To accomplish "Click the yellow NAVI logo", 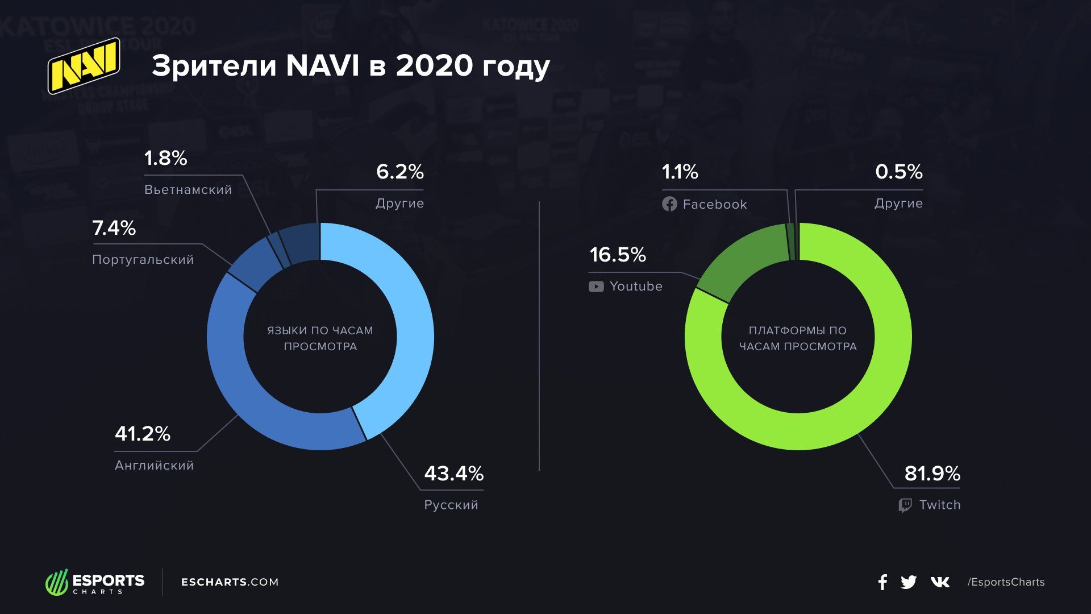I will point(84,65).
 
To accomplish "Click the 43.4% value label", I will point(453,474).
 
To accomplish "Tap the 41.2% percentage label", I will point(143,434).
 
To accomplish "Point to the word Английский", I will point(154,466).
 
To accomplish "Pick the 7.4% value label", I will point(114,228).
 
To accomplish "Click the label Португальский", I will point(143,260).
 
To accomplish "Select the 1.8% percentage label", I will point(165,158).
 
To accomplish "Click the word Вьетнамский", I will point(188,190).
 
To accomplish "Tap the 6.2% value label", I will point(400,172).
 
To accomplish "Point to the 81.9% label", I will point(932,474).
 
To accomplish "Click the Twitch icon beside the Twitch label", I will point(905,505).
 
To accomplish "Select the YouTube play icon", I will point(596,287).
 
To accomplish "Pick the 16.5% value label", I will point(618,255).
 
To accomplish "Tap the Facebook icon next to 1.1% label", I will point(669,204).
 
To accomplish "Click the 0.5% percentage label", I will point(898,172).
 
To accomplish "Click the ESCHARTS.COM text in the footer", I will point(230,582).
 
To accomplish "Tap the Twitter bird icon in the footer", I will point(909,582).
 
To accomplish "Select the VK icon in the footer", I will point(940,582).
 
